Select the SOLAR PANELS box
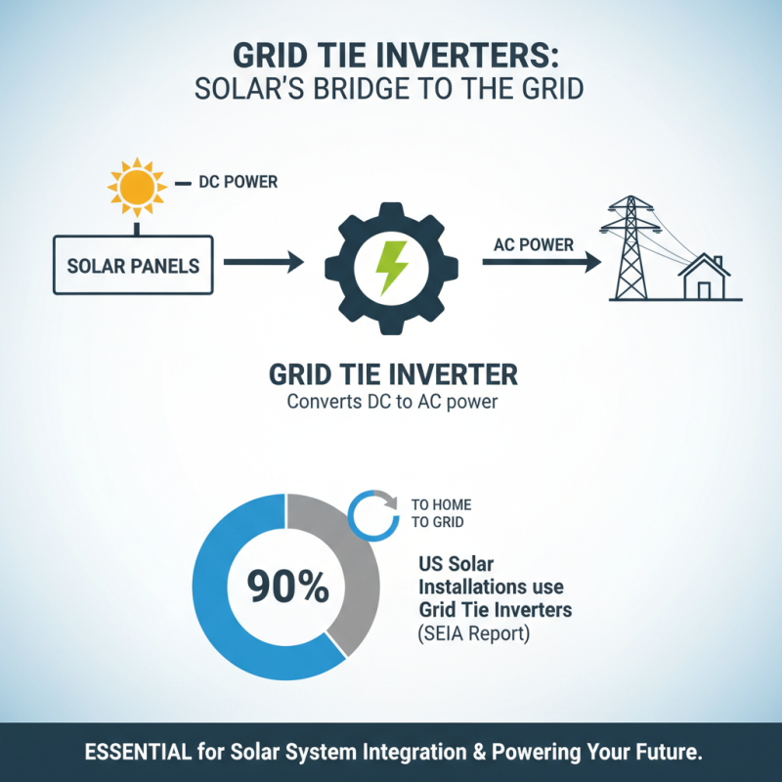click(132, 265)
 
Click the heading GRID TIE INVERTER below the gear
click(392, 374)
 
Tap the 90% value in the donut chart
click(286, 586)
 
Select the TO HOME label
click(441, 504)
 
